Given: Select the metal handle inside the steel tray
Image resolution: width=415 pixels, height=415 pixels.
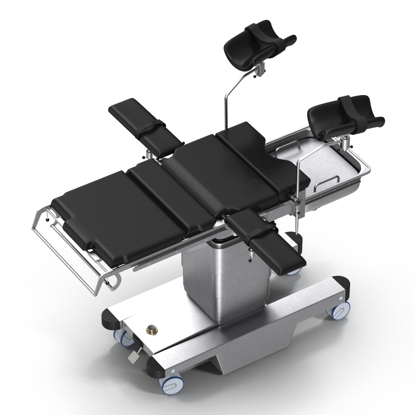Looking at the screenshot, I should (327, 182).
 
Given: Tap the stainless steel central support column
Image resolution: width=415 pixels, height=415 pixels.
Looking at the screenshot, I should (225, 273).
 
